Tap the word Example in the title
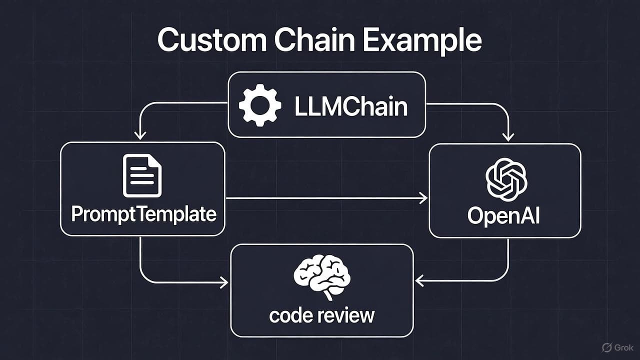(x=422, y=41)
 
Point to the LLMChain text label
(x=351, y=106)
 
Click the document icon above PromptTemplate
(x=142, y=175)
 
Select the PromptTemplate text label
(x=143, y=214)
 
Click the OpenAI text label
(x=503, y=216)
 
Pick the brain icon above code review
(x=321, y=277)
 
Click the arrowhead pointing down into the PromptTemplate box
(x=140, y=135)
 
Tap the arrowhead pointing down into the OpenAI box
(x=508, y=136)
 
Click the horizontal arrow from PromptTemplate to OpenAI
(x=325, y=198)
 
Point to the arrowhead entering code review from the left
(x=223, y=283)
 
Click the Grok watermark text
(x=625, y=347)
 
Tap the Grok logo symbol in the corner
(x=607, y=347)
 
